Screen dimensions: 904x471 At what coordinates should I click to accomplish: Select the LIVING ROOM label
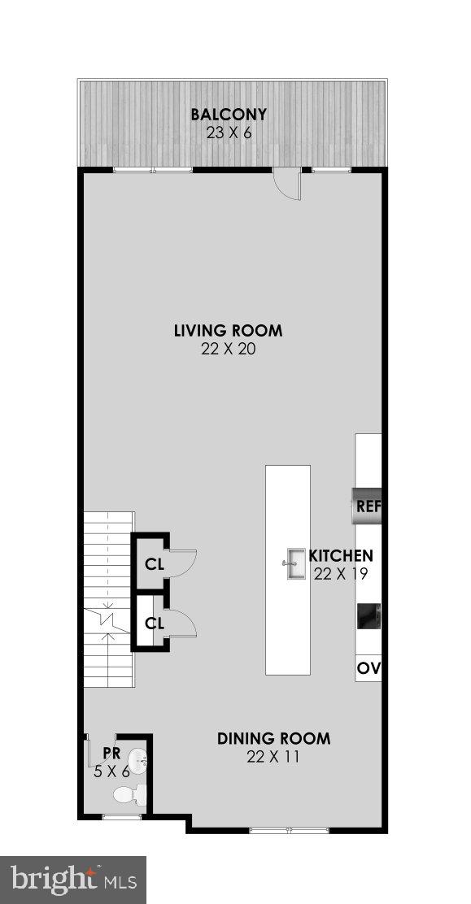[228, 330]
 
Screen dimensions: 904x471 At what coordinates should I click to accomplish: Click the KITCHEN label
[341, 556]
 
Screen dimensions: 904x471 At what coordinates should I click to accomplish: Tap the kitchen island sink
[293, 563]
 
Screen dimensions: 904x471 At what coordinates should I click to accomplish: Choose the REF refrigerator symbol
[366, 506]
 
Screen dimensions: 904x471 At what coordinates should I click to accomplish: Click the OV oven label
[369, 669]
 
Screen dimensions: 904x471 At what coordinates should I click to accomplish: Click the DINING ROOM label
[273, 739]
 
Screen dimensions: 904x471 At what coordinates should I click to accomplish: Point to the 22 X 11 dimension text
[273, 757]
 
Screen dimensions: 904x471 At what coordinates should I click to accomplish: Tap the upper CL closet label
[154, 563]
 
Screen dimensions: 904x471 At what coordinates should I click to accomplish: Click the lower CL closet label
[154, 624]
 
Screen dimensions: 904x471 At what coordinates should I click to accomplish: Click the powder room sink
[139, 762]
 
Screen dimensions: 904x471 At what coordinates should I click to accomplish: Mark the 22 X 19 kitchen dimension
[341, 574]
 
